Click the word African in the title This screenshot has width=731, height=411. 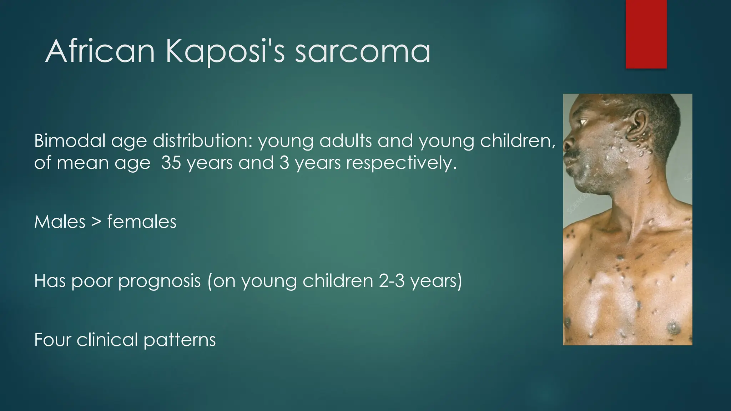pos(100,51)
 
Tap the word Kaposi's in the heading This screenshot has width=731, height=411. pos(225,51)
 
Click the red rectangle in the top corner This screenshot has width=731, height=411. pos(646,34)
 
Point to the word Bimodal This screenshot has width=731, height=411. pos(70,141)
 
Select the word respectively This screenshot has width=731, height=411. pos(401,163)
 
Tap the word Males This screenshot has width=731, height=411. pos(60,222)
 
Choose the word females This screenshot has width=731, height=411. pos(142,222)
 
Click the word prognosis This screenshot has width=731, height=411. pos(159,281)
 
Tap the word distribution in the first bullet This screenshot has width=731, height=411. pos(203,141)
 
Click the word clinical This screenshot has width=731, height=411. pos(107,339)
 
